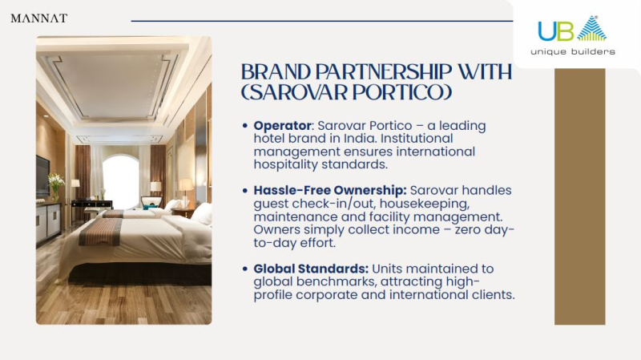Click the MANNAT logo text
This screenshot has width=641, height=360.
click(38, 18)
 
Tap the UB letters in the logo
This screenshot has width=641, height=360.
click(556, 31)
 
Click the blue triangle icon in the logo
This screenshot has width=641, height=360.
click(592, 28)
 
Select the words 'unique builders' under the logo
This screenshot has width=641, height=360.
click(573, 51)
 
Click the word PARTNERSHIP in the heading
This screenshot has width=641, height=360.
click(384, 72)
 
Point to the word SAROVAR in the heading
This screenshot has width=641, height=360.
click(297, 92)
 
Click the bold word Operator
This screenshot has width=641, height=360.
click(283, 126)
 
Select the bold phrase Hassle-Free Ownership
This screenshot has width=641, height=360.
click(330, 190)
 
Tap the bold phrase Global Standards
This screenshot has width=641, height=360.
click(311, 269)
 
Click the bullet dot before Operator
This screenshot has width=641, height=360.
click(245, 126)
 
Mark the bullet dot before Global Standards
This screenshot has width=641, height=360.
click(245, 269)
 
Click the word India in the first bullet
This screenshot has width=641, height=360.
click(359, 138)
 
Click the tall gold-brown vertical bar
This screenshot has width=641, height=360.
click(579, 196)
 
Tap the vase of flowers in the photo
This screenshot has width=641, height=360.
click(55, 187)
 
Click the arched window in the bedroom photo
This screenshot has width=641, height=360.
click(121, 180)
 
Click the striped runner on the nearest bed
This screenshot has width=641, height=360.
click(100, 232)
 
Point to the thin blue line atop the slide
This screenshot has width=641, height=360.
click(322, 21)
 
